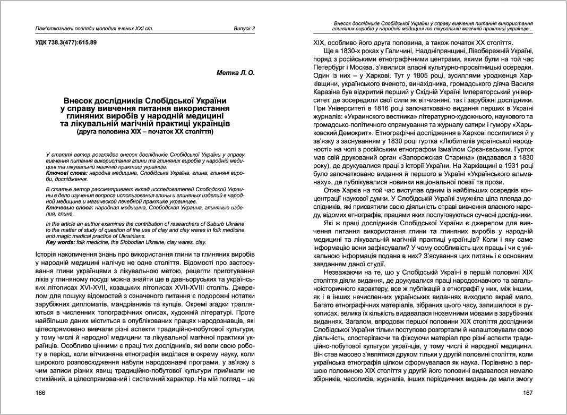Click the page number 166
point(39,393)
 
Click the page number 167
point(527,393)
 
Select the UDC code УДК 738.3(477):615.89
point(66,42)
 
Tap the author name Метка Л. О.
point(236,73)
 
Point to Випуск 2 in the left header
point(244,28)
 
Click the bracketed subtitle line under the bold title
point(145,131)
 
